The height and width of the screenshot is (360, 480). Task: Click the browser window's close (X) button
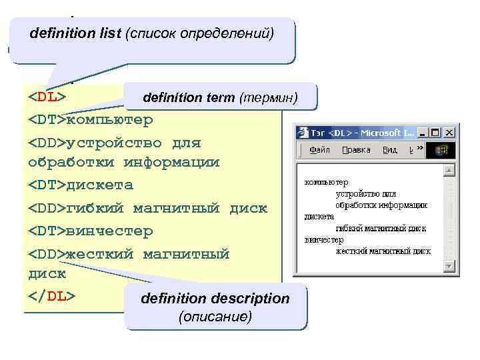click(449, 133)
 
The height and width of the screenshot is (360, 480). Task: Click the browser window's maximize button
click(437, 133)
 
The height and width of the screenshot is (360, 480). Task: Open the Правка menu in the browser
click(356, 150)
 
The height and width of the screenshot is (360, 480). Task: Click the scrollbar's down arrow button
click(449, 267)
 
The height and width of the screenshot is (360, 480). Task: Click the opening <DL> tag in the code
click(46, 97)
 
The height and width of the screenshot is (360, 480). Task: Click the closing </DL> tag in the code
click(51, 296)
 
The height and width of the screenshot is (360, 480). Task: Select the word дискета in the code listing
click(100, 185)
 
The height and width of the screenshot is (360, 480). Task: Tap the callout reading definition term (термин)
click(219, 98)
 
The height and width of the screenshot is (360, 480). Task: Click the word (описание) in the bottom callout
click(215, 316)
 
